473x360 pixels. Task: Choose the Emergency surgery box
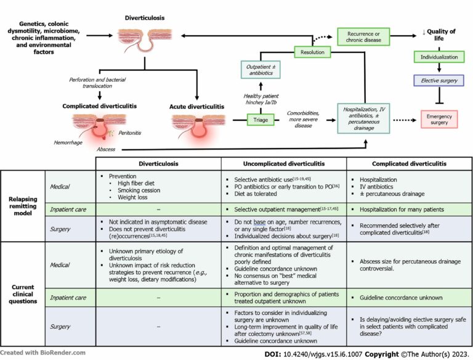[438, 120]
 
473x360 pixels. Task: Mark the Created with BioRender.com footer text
[43, 353]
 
